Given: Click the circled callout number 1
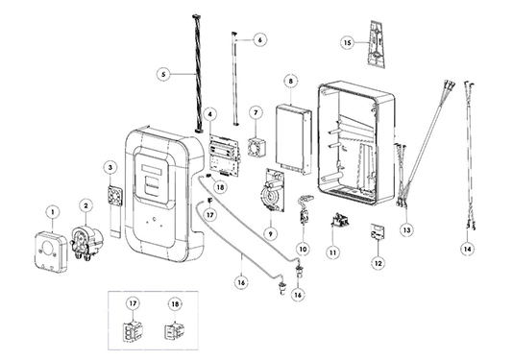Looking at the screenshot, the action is tap(52, 212).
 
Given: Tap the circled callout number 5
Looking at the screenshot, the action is tap(163, 74).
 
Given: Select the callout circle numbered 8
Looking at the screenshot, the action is tap(291, 81).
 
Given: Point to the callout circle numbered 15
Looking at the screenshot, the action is tap(348, 42).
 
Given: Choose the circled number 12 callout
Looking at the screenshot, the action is tap(379, 263).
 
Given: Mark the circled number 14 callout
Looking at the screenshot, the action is tap(467, 250).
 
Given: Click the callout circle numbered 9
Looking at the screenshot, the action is tap(271, 234).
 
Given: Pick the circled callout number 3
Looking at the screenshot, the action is tap(110, 167).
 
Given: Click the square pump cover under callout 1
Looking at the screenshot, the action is tap(51, 252).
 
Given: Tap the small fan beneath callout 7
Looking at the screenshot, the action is tap(256, 147).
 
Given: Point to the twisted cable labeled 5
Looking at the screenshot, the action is tap(197, 73).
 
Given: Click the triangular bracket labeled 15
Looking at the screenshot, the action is tap(377, 44).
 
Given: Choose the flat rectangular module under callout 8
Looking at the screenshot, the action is tap(293, 139).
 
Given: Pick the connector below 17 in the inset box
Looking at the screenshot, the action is tap(133, 331).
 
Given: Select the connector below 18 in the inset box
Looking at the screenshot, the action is tap(174, 331).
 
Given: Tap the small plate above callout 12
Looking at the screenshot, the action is tap(378, 232).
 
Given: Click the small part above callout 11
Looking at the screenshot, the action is tap(338, 220).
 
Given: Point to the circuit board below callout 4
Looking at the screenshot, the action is tap(225, 155).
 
